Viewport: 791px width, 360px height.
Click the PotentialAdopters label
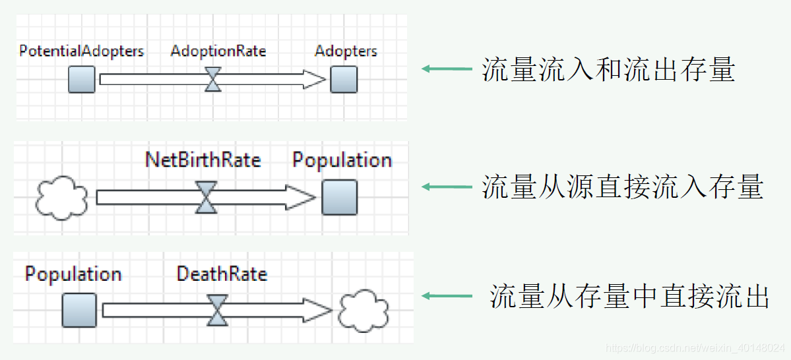tap(81, 51)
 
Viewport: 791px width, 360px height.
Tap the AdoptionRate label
tap(218, 51)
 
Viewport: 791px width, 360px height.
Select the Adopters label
tap(346, 51)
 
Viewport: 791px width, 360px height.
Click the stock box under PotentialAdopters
tap(82, 80)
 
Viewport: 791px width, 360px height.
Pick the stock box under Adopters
tap(344, 80)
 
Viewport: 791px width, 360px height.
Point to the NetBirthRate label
tap(203, 160)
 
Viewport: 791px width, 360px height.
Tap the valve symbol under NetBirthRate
tap(206, 197)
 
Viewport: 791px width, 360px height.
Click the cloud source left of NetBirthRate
tap(61, 197)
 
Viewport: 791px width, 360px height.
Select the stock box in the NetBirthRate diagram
tap(339, 197)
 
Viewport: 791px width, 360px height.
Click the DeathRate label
tap(222, 274)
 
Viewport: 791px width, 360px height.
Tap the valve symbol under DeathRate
tap(217, 310)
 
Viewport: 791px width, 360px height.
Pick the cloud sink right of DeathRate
tap(364, 311)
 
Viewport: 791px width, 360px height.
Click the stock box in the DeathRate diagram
tap(79, 310)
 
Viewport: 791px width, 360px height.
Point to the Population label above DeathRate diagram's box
tap(73, 274)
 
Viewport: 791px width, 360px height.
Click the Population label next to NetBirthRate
tap(342, 160)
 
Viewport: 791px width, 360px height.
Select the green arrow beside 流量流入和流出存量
tap(447, 69)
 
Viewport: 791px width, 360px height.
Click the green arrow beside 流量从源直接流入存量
tap(447, 187)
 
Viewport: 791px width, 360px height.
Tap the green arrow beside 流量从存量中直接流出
tap(447, 296)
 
